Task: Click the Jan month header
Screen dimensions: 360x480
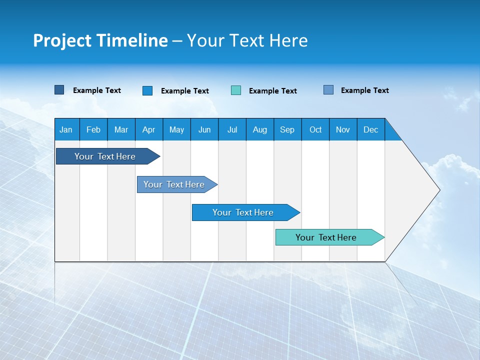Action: pos(66,129)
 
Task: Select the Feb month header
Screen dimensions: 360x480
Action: pos(93,129)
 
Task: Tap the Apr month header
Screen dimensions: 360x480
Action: pos(148,129)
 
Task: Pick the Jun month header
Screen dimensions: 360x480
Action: pos(204,129)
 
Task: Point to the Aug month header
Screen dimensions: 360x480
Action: pos(259,129)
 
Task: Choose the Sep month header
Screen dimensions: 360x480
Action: pos(287,129)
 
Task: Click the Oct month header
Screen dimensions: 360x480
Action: pos(315,129)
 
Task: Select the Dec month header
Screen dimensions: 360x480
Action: pos(370,129)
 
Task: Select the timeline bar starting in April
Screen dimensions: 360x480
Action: pos(175,184)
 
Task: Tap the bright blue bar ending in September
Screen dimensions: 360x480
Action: pos(244,212)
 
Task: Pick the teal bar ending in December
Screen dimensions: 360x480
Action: pos(327,237)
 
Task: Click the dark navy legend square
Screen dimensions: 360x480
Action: pos(59,90)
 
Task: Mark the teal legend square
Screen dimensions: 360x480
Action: pos(236,90)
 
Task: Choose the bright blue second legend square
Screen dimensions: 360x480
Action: pos(147,90)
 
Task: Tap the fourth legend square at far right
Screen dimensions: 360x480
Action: pos(328,90)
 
